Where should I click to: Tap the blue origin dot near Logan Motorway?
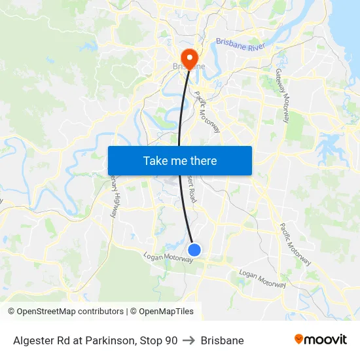pos(194,249)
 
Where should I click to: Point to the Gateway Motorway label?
pos(282,95)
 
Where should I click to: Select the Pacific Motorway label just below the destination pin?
pos(206,107)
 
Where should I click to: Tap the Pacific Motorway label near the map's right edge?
pos(295,244)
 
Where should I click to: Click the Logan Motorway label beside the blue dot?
pos(169,259)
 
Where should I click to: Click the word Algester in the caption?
pos(34,340)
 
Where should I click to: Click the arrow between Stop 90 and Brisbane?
pos(189,340)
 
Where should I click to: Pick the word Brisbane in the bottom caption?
pos(222,340)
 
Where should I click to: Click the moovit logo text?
pos(326,339)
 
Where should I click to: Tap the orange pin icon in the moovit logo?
pos(299,339)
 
